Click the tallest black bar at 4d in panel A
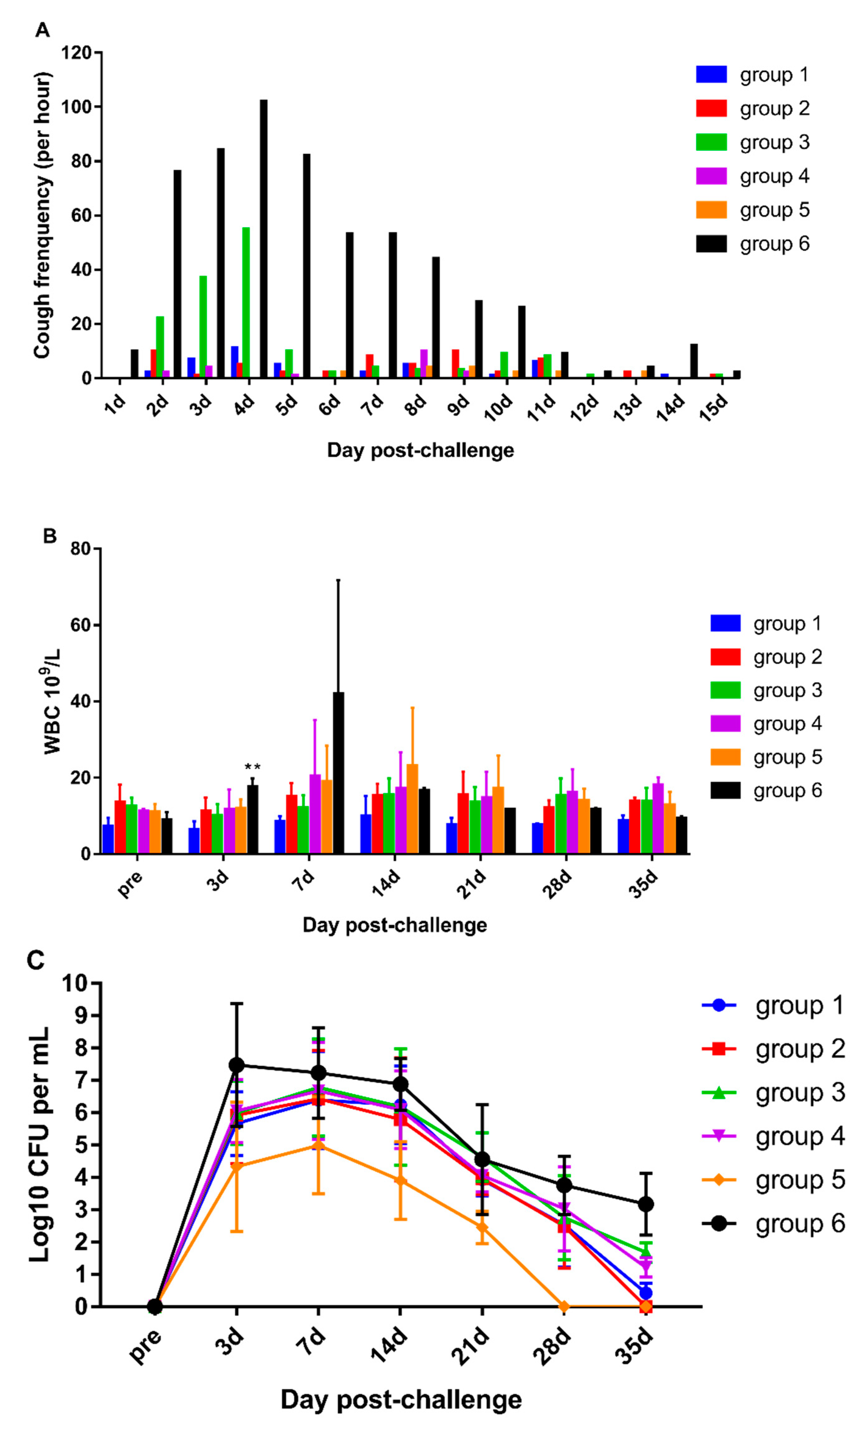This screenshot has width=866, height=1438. (x=264, y=239)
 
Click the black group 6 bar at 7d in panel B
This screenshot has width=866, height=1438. (x=338, y=773)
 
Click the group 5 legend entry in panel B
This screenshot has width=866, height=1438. (x=765, y=757)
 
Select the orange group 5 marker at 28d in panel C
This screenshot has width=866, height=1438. (x=564, y=1307)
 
